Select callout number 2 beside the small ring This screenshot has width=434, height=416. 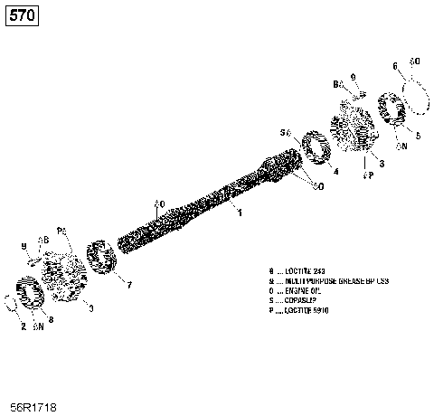tap(23, 326)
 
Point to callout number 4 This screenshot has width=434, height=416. tap(335, 171)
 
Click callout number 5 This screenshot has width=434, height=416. tap(417, 135)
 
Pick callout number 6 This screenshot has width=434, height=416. tap(395, 65)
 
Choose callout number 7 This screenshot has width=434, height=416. tap(128, 285)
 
